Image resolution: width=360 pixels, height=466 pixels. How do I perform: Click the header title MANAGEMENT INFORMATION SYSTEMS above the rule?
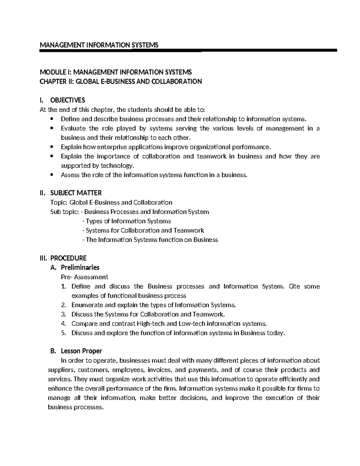pyautogui.click(x=99, y=45)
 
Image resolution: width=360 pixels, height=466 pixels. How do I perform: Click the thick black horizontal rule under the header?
pyautogui.click(x=188, y=51)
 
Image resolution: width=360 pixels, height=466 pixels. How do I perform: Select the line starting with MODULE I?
pyautogui.click(x=116, y=72)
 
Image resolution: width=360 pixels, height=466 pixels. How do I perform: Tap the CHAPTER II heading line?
pyautogui.click(x=121, y=82)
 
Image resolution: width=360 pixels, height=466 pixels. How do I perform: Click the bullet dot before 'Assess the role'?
pyautogui.click(x=52, y=175)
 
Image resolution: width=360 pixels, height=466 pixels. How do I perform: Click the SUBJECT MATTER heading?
pyautogui.click(x=76, y=193)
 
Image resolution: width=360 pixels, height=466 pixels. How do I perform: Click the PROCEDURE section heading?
pyautogui.click(x=68, y=258)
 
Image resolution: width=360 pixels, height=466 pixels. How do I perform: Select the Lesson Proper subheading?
pyautogui.click(x=81, y=351)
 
